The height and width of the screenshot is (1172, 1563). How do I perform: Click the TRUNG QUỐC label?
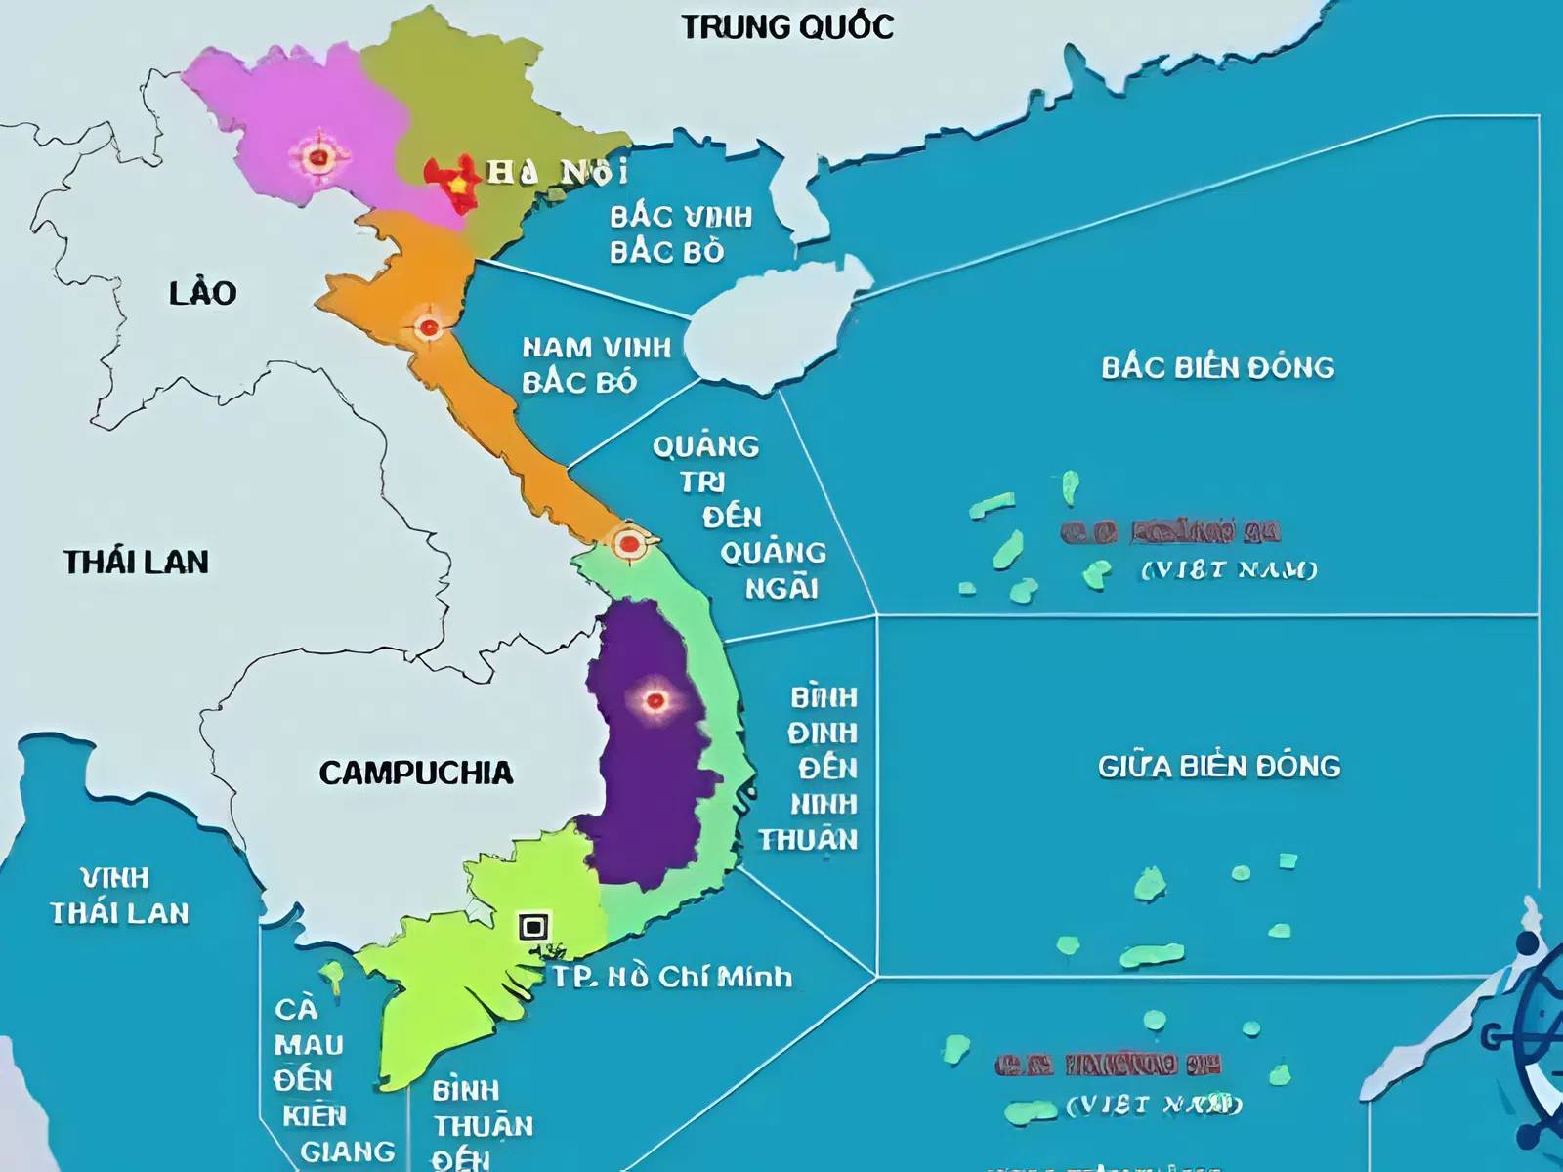click(x=787, y=26)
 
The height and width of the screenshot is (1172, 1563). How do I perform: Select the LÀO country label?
click(x=203, y=293)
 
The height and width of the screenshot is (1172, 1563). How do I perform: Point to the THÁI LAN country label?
click(x=136, y=563)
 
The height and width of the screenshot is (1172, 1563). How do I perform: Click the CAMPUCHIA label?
click(x=415, y=774)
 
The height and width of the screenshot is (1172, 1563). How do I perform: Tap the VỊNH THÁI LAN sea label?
click(x=119, y=896)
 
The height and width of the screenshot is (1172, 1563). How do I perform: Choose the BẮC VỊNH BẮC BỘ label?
click(x=680, y=234)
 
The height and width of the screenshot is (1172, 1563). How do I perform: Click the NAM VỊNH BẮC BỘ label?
click(x=596, y=364)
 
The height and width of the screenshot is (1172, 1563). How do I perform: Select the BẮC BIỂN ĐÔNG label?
click(x=1217, y=368)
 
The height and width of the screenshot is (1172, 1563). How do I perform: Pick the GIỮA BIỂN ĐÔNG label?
click(x=1218, y=767)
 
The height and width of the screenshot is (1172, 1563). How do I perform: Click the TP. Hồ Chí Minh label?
click(x=672, y=977)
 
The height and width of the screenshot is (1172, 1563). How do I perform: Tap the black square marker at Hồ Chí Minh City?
click(x=533, y=926)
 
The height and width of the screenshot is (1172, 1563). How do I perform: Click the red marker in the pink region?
click(x=317, y=156)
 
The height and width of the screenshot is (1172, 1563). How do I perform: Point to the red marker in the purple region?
click(x=655, y=699)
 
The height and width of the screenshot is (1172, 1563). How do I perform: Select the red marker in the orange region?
click(x=428, y=327)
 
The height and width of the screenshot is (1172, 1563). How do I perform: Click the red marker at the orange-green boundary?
click(x=629, y=543)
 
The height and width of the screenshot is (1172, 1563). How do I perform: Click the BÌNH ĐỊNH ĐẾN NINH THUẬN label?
click(x=810, y=769)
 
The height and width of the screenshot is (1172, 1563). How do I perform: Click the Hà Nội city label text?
click(x=558, y=173)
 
